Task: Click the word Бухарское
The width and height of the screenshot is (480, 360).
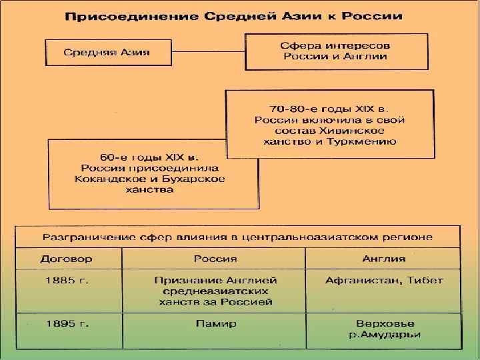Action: pyautogui.click(x=193, y=179)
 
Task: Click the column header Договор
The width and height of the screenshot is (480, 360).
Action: pyautogui.click(x=67, y=258)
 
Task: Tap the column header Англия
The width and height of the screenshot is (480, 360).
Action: pyautogui.click(x=383, y=258)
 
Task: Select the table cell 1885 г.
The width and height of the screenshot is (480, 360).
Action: pyautogui.click(x=67, y=280)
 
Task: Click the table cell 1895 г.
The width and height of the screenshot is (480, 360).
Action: pyautogui.click(x=67, y=323)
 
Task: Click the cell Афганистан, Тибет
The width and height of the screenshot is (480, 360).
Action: pyautogui.click(x=383, y=280)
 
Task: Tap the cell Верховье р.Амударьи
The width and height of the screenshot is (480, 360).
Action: pyautogui.click(x=383, y=329)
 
